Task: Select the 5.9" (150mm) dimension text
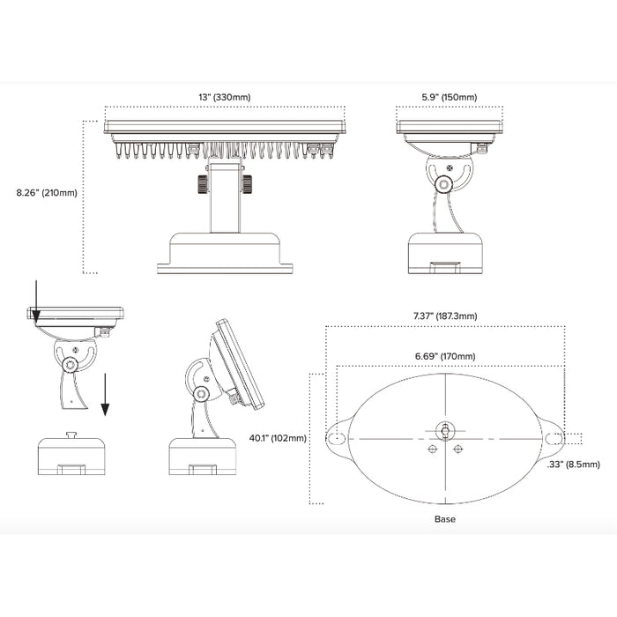(450, 97)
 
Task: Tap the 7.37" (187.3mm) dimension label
(445, 316)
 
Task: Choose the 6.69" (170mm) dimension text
(445, 356)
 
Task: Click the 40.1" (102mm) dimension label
(278, 438)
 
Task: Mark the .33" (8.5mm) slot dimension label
(573, 464)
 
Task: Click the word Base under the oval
(445, 519)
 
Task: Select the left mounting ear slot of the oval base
(335, 438)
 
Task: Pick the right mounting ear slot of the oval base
(555, 438)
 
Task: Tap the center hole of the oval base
(445, 431)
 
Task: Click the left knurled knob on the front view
(202, 183)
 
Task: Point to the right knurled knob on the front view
(246, 183)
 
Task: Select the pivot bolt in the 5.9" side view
(445, 183)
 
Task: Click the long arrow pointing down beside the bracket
(105, 392)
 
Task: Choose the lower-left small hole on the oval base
(432, 450)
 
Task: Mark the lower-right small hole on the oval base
(458, 450)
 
